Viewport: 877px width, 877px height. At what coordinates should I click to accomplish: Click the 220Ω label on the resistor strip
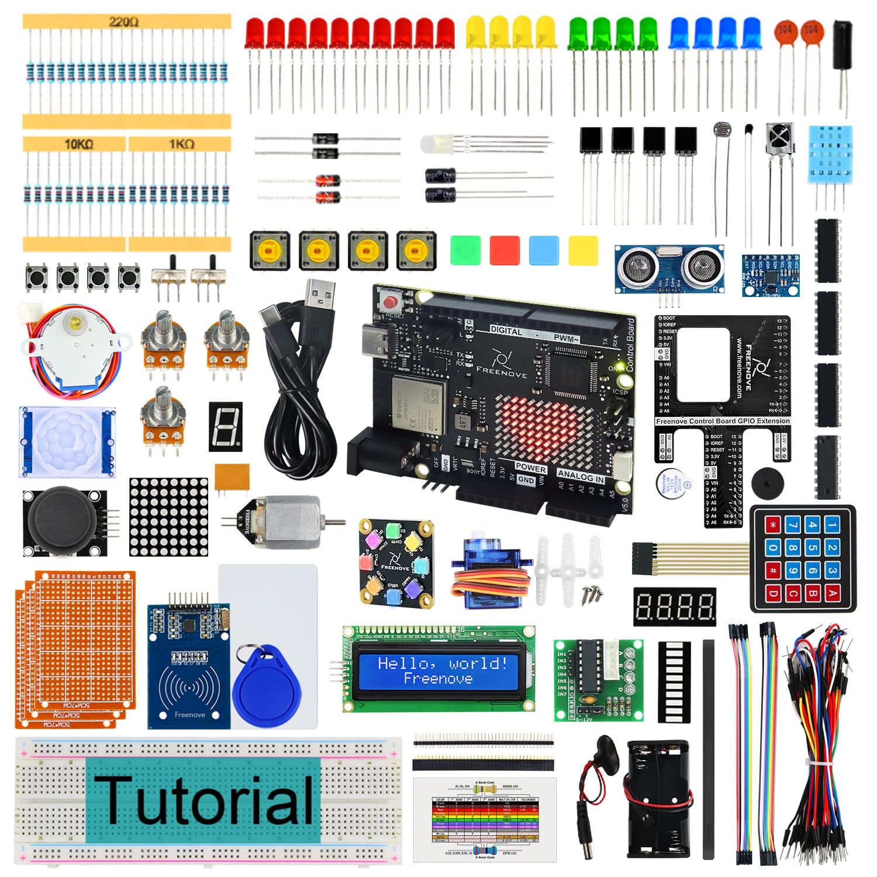click(123, 22)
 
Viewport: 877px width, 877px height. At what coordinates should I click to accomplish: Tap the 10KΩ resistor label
click(78, 144)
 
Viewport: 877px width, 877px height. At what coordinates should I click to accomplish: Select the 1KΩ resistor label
click(181, 144)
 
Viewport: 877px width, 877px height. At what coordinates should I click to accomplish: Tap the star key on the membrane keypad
click(774, 525)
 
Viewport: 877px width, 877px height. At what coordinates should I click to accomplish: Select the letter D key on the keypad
click(773, 594)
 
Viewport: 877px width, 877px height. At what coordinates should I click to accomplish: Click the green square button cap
click(465, 250)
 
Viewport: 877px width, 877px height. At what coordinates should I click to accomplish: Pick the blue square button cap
click(544, 250)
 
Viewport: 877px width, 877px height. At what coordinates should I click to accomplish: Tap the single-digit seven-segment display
click(226, 426)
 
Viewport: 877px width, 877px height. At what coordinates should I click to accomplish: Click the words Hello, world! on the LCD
click(442, 663)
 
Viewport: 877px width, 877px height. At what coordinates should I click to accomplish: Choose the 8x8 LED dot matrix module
click(168, 517)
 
